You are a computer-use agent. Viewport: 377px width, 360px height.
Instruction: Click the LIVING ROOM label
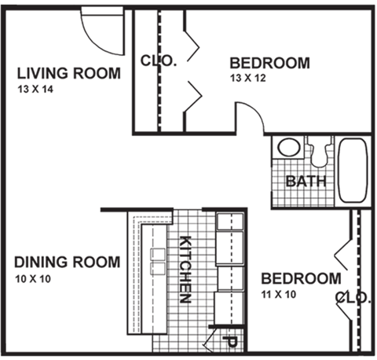[69, 74]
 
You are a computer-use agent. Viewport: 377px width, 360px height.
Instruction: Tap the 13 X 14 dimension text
[36, 90]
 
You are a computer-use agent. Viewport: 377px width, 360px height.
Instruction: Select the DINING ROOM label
[67, 262]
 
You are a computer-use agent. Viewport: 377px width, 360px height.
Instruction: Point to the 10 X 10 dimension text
[34, 278]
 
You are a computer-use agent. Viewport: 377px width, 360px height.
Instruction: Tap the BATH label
[302, 182]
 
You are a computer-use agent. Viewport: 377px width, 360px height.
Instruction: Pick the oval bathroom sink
[288, 148]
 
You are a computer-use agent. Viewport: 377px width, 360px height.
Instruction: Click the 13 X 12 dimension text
[249, 79]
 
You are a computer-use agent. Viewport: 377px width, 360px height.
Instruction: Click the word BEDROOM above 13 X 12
[269, 63]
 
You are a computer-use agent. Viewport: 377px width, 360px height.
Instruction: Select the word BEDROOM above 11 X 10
[301, 279]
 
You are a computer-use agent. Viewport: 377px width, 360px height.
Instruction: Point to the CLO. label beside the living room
[159, 60]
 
